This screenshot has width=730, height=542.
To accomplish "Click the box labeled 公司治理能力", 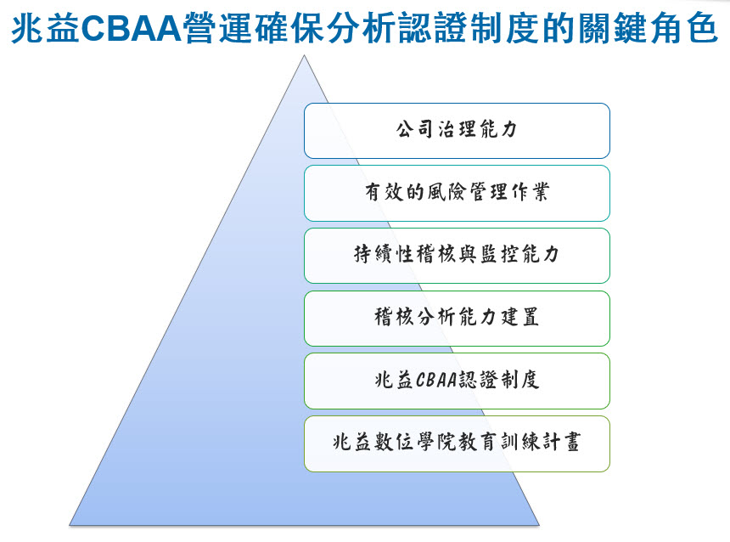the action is coord(457,131).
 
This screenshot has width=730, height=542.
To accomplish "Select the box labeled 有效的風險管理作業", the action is coord(457,194).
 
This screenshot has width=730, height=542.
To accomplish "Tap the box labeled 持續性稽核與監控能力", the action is coord(457,256).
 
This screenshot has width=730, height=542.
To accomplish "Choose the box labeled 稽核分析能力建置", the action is coord(457,319).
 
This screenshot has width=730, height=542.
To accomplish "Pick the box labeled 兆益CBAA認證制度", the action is coord(457,381).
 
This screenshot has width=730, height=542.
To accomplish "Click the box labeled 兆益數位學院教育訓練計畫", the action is coord(457,443).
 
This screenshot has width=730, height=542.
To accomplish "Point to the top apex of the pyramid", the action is coord(304,55).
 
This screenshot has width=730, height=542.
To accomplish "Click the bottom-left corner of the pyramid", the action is coord(70,525).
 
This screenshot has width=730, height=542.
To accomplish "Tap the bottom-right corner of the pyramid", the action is coord(539,525).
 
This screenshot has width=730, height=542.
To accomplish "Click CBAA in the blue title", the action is coord(131,28).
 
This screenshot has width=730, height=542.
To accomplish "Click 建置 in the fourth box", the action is coord(519,317).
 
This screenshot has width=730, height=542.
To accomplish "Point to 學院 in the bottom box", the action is coord(436,442).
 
